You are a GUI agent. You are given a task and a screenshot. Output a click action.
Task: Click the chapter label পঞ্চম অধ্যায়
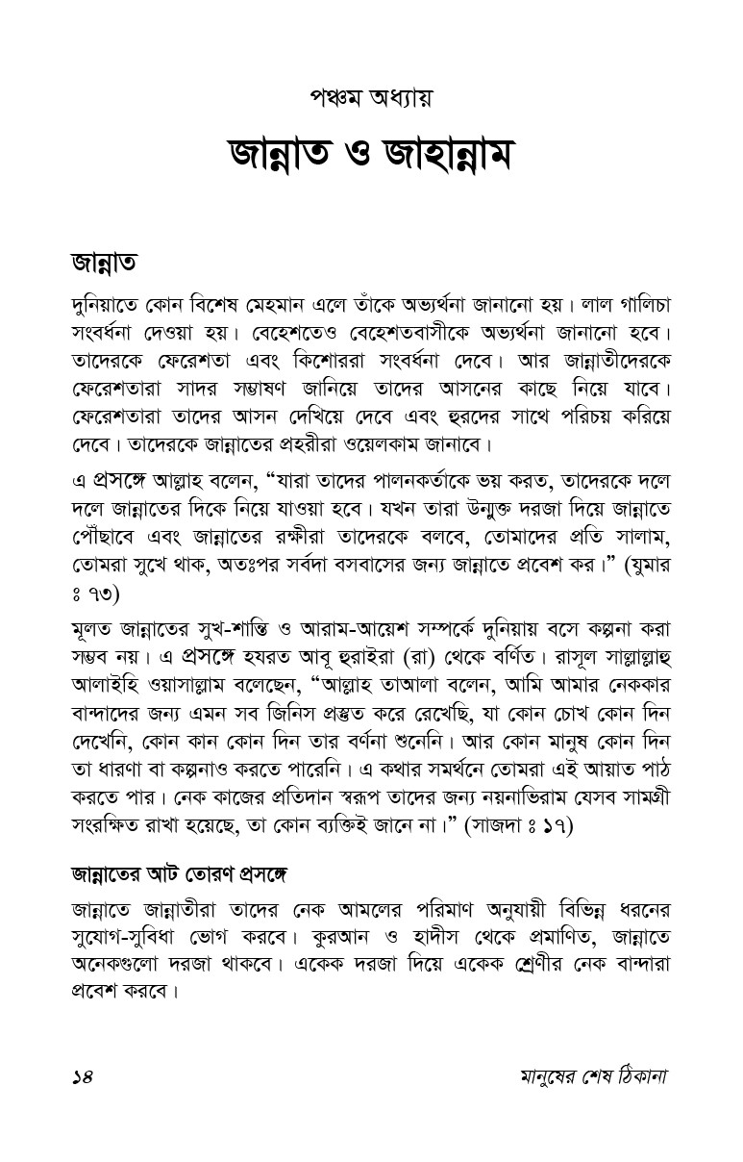pyautogui.click(x=371, y=99)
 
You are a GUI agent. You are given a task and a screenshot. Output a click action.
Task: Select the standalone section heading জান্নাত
pyautogui.click(x=107, y=263)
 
